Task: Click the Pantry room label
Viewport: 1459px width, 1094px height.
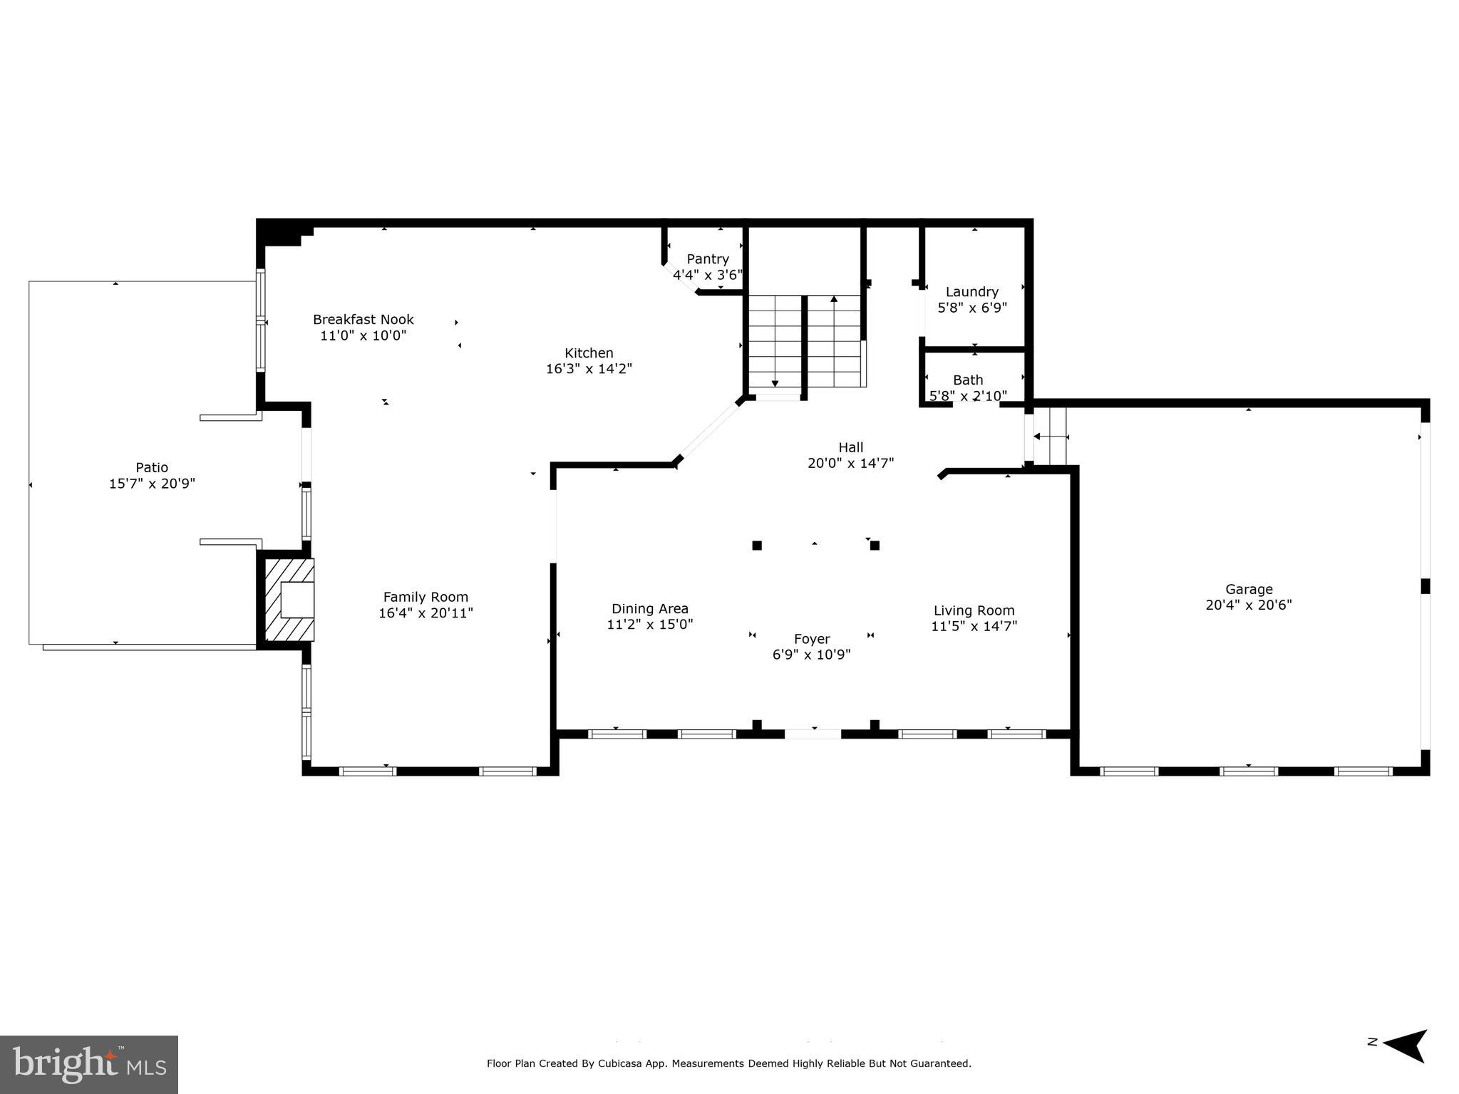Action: pos(707,259)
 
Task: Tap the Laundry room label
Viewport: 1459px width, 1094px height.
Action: pos(971,292)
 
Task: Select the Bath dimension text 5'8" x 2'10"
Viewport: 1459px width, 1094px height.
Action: pos(968,396)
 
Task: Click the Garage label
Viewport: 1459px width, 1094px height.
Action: pos(1248,589)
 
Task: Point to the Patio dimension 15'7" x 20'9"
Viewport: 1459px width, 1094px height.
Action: pos(152,484)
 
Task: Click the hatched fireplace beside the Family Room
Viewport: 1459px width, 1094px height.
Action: pos(289,599)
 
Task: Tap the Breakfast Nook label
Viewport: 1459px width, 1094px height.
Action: pos(363,319)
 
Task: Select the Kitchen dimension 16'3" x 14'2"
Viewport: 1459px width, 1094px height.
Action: pos(589,369)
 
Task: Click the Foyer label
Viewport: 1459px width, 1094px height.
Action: pos(811,639)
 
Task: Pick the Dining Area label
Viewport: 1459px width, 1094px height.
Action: pos(649,608)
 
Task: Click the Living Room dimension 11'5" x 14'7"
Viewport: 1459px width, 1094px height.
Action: pos(974,626)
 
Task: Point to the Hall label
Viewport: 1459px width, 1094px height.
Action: pos(850,447)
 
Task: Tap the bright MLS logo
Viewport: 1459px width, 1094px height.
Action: pos(89,1065)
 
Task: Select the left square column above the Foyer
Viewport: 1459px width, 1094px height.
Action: pos(757,546)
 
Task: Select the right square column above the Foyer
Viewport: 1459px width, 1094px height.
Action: pos(875,546)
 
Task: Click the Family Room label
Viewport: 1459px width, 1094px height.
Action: pos(426,597)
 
